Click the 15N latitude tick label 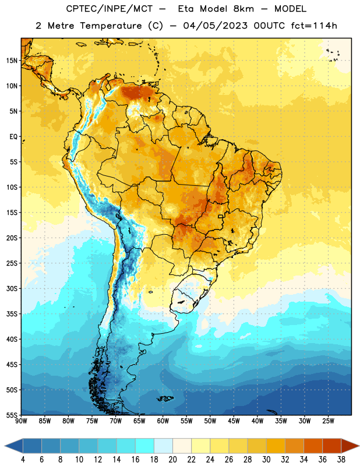tap(12, 61)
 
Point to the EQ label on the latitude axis tap(13, 137)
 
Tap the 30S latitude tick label tap(12, 288)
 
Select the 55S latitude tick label tap(12, 415)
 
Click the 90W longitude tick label tap(21, 421)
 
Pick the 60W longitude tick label tap(163, 421)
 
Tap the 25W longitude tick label tap(328, 421)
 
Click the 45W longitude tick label tap(234, 421)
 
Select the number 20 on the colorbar tap(172, 460)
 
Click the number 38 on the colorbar tap(341, 460)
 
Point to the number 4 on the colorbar tap(23, 460)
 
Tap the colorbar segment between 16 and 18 tap(144, 446)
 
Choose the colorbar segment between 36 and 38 tap(332, 446)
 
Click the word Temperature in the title tap(111, 26)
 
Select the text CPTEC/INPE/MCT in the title tap(109, 9)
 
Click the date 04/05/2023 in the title tap(215, 26)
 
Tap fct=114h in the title tap(314, 26)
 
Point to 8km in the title tap(243, 9)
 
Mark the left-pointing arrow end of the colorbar tap(14, 446)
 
